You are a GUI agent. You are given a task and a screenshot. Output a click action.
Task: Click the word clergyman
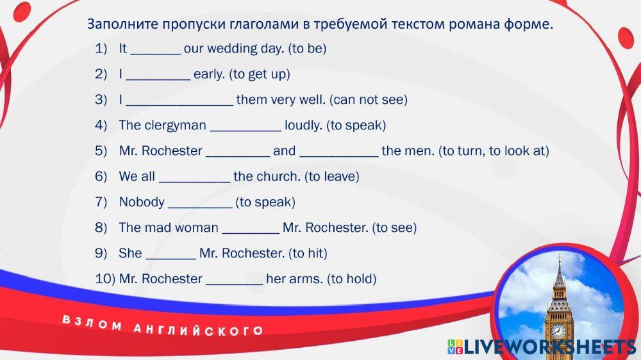tap(162, 126)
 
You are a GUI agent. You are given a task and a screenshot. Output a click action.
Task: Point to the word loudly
tap(303, 125)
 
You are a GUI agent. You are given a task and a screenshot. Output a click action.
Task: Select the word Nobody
tap(142, 202)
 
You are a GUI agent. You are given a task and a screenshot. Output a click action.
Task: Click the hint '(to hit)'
tap(308, 254)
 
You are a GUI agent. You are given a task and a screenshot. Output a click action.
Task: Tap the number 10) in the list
tap(105, 279)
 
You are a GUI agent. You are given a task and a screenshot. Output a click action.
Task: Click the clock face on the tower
tap(558, 330)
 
